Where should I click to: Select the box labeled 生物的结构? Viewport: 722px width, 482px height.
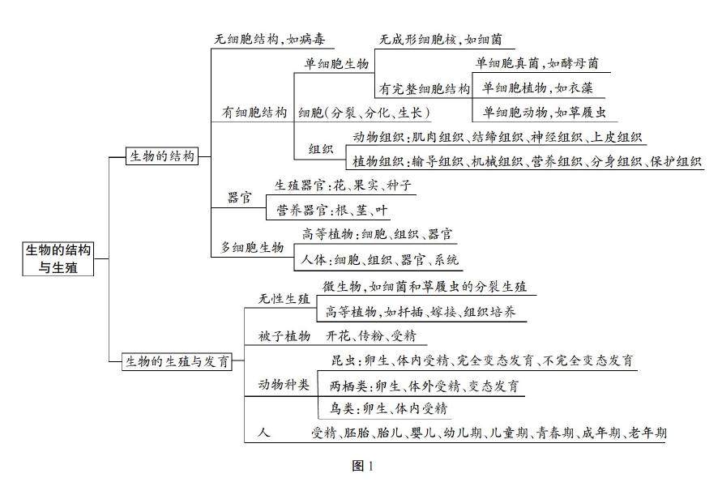(x=162, y=156)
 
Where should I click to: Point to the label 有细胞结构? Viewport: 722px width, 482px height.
(x=254, y=113)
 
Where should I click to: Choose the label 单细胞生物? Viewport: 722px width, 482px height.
(x=336, y=63)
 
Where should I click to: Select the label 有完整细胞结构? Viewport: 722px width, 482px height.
(x=422, y=88)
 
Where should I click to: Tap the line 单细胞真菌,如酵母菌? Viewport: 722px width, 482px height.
(x=537, y=63)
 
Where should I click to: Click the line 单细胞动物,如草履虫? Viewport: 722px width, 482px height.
(x=544, y=113)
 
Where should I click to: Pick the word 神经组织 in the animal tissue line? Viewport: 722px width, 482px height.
(x=558, y=138)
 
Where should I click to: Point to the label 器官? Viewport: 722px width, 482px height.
(x=239, y=198)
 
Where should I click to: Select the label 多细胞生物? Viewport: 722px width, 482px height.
(x=253, y=247)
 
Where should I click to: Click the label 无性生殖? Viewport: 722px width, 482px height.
(x=284, y=299)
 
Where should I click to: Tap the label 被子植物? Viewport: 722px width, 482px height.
(x=284, y=336)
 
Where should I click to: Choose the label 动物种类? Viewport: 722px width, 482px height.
(x=284, y=384)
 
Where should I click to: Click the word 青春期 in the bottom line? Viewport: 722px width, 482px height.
(x=555, y=433)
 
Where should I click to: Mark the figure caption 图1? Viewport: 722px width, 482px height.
(x=362, y=466)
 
